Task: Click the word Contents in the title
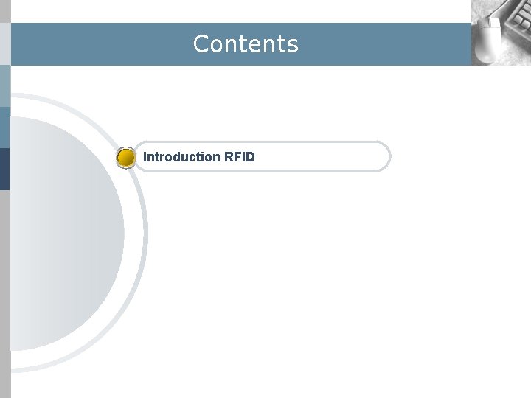point(246,44)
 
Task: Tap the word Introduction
point(181,157)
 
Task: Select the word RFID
point(239,157)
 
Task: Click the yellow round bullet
point(126,157)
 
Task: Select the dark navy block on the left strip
point(4,169)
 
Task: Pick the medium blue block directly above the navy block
point(4,127)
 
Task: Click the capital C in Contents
point(200,44)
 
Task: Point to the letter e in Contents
point(258,46)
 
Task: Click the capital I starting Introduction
point(145,157)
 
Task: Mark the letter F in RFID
point(237,157)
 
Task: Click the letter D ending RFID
point(250,157)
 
